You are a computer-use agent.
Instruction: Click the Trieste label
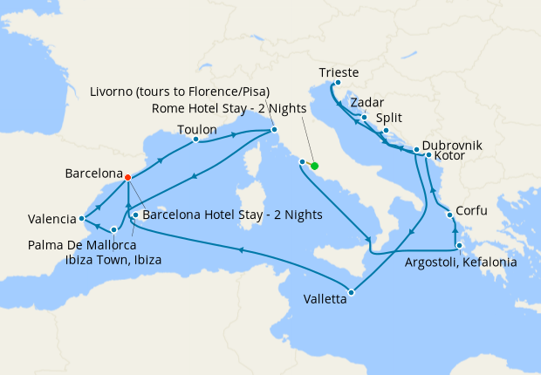pyautogui.click(x=339, y=72)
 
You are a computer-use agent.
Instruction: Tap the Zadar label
pyautogui.click(x=366, y=102)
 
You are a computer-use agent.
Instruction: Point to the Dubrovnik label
pyautogui.click(x=451, y=146)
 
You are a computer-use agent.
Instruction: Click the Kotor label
pyautogui.click(x=449, y=157)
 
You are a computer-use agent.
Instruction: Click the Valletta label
pyautogui.click(x=325, y=299)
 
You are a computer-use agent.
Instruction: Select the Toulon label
pyautogui.click(x=196, y=129)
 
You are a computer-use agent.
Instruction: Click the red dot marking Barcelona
pyautogui.click(x=128, y=177)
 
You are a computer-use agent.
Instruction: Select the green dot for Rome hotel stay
pyautogui.click(x=314, y=166)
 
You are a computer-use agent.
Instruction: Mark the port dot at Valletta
pyautogui.click(x=352, y=292)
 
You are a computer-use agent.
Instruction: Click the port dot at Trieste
pyautogui.click(x=336, y=84)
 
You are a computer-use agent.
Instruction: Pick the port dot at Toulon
pyautogui.click(x=195, y=139)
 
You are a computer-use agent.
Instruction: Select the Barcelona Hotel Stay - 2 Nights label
pyautogui.click(x=232, y=214)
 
